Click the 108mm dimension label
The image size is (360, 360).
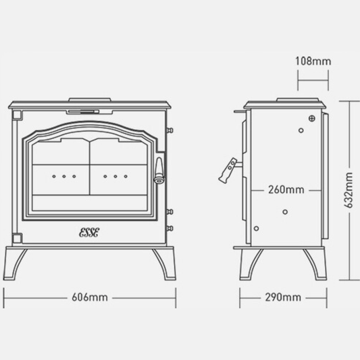[313, 61]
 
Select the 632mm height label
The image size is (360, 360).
[349, 190]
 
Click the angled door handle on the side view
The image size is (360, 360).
[228, 170]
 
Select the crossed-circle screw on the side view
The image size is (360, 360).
[311, 120]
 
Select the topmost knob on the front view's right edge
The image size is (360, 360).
[172, 129]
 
